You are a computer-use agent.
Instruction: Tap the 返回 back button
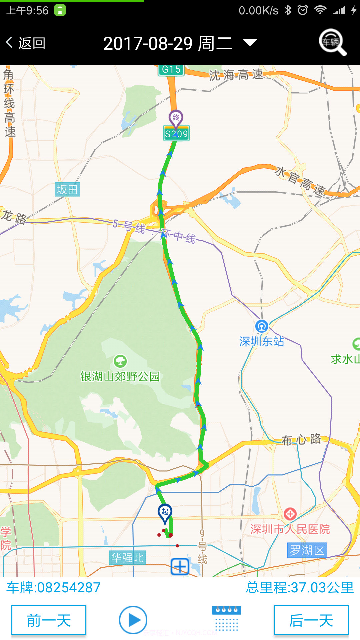pyautogui.click(x=26, y=43)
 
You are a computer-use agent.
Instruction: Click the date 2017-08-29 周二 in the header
pyautogui.click(x=168, y=43)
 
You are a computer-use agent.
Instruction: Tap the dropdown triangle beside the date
pyautogui.click(x=250, y=42)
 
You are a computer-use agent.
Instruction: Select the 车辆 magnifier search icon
pyautogui.click(x=332, y=42)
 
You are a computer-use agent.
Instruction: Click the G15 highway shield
pyautogui.click(x=171, y=69)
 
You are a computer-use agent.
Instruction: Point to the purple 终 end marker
pyautogui.click(x=176, y=118)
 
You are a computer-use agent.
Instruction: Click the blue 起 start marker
pyautogui.click(x=165, y=512)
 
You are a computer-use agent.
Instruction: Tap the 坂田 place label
pyautogui.click(x=67, y=189)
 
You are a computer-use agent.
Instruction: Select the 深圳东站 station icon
pyautogui.click(x=262, y=326)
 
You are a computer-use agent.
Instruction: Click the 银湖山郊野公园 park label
pyautogui.click(x=120, y=376)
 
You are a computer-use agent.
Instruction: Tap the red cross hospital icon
pyautogui.click(x=290, y=514)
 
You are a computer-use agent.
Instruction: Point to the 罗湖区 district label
pyautogui.click(x=307, y=550)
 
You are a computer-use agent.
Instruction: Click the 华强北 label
pyautogui.click(x=127, y=557)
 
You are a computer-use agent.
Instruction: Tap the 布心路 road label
pyautogui.click(x=301, y=440)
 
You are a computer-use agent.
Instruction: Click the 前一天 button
pyautogui.click(x=49, y=620)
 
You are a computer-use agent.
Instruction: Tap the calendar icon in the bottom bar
pyautogui.click(x=227, y=619)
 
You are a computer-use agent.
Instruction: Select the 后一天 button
pyautogui.click(x=311, y=620)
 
